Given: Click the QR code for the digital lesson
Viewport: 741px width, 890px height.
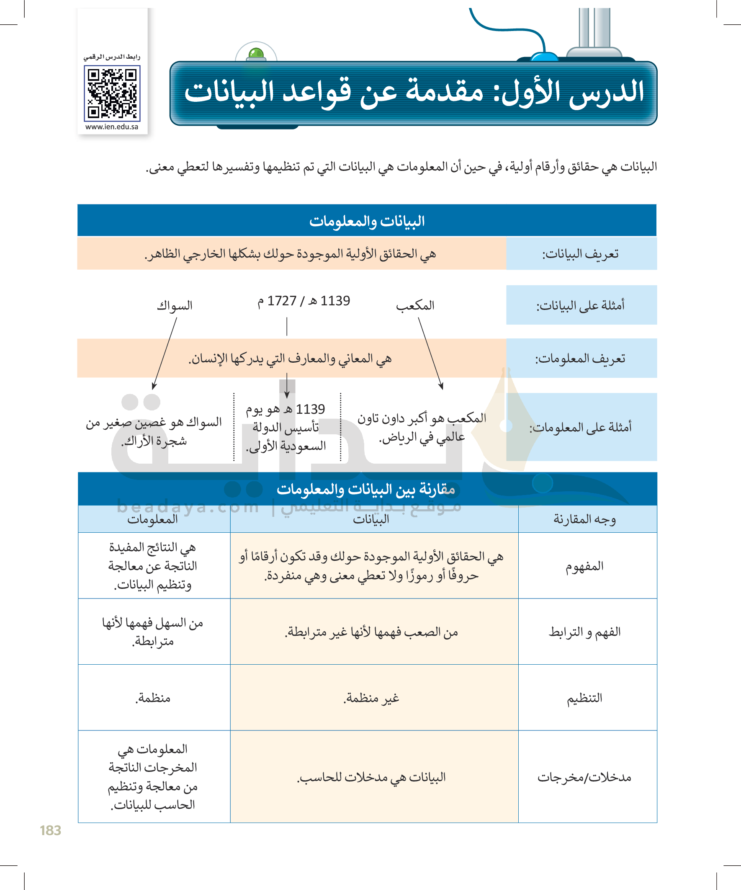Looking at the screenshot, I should pyautogui.click(x=112, y=94).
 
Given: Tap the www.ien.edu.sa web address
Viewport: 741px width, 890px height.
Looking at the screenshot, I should pyautogui.click(x=112, y=127).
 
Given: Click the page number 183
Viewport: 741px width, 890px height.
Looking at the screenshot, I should pyautogui.click(x=50, y=830).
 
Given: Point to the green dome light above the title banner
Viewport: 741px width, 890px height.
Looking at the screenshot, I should pyautogui.click(x=256, y=54).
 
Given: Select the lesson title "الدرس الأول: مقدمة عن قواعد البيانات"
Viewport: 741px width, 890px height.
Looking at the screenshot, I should pyautogui.click(x=414, y=93).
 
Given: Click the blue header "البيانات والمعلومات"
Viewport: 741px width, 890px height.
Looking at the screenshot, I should pyautogui.click(x=367, y=221).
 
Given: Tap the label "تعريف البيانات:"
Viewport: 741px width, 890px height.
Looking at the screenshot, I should pyautogui.click(x=581, y=254).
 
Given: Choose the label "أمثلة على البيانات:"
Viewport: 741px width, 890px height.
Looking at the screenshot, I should pyautogui.click(x=581, y=305).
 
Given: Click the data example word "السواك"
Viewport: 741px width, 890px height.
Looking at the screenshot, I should pyautogui.click(x=175, y=305).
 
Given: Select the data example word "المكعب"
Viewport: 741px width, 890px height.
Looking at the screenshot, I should pyautogui.click(x=415, y=305).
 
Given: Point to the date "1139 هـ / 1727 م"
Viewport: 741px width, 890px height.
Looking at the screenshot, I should pyautogui.click(x=304, y=301).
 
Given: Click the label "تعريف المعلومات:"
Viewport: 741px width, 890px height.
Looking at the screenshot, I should pyautogui.click(x=581, y=359).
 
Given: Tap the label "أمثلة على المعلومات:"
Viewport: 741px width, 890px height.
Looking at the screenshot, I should pyautogui.click(x=581, y=427).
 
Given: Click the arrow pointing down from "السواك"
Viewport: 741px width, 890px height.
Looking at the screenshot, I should pyautogui.click(x=165, y=354).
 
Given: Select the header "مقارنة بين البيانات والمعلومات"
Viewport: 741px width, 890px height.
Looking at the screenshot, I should pyautogui.click(x=366, y=489).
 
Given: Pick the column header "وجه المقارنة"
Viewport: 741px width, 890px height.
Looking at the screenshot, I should pyautogui.click(x=585, y=519).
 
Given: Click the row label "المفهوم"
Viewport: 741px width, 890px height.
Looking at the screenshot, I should pyautogui.click(x=585, y=566).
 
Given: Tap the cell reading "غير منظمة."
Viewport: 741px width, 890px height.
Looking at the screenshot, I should pyautogui.click(x=372, y=698).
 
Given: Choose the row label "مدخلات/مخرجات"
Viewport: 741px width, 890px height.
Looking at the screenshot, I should pyautogui.click(x=585, y=777).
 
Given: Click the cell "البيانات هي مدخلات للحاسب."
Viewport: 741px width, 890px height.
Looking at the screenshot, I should pyautogui.click(x=372, y=777).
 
